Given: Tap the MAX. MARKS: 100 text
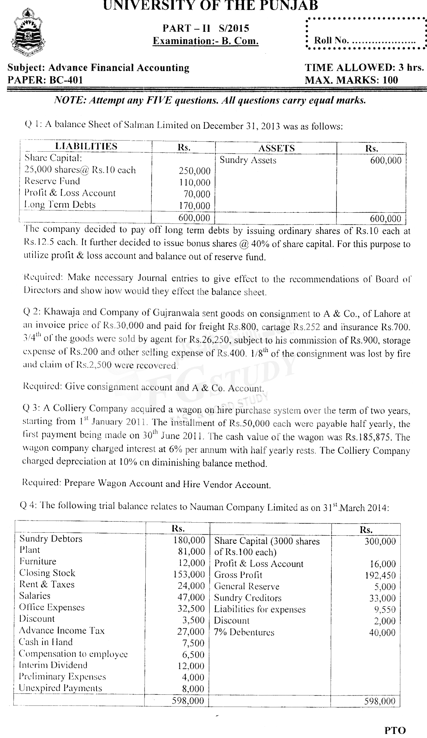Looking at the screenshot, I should pos(351,80).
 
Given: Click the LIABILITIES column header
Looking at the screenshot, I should pos(86,146).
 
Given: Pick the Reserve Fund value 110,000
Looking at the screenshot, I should pos(197,182).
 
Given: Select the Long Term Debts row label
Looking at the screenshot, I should pos(60,205).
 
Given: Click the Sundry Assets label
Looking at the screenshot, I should pos(248,160).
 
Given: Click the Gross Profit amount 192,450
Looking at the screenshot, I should pos(382,575).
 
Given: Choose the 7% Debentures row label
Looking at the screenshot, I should pos(244,632).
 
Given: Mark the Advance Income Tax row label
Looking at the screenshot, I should pos(62,630).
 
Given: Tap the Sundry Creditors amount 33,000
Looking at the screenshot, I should pos(382,598).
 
